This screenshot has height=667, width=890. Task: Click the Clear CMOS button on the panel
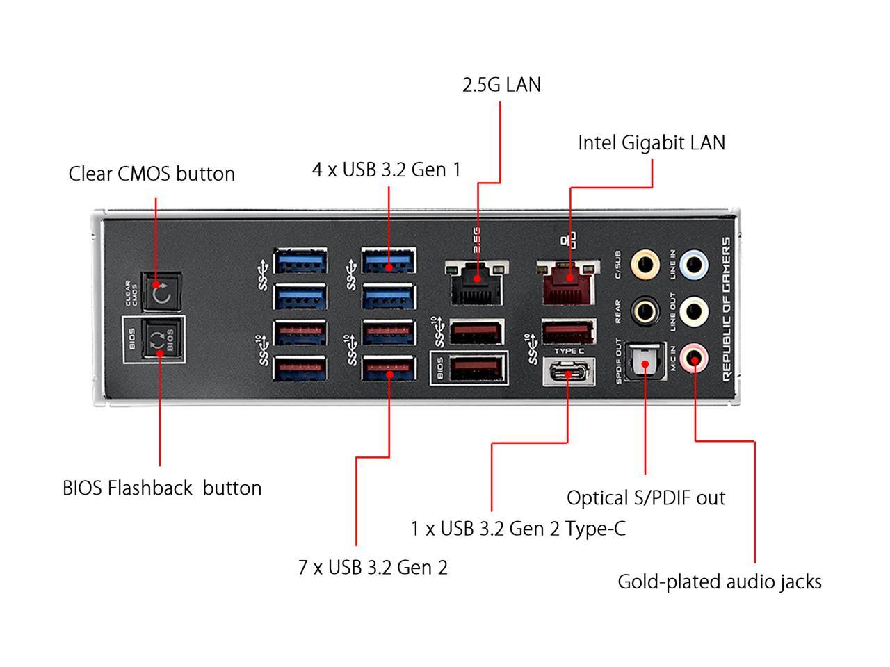(161, 291)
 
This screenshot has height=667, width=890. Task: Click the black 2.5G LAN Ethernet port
(477, 281)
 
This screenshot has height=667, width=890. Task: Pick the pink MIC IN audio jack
(694, 359)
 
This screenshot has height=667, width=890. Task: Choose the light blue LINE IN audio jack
(694, 264)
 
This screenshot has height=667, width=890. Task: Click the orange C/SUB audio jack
(645, 264)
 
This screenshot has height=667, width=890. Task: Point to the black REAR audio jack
(645, 311)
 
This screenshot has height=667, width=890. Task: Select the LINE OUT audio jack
(694, 311)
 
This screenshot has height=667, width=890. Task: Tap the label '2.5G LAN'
(501, 85)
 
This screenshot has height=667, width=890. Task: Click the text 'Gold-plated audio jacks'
(719, 582)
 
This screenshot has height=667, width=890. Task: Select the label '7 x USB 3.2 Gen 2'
(373, 568)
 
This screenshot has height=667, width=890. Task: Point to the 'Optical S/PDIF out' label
(645, 498)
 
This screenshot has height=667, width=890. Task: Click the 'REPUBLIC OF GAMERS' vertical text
(726, 308)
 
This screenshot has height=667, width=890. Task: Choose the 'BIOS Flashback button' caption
(162, 488)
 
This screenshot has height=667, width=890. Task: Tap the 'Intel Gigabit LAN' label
(652, 143)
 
